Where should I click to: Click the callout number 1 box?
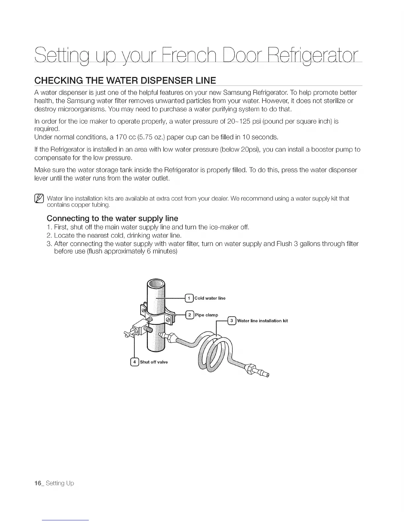(189, 298)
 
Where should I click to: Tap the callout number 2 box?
(190, 315)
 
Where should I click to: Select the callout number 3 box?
(232, 321)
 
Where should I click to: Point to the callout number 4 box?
(135, 362)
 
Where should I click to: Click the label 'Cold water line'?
(210, 298)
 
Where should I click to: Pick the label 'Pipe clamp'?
(207, 315)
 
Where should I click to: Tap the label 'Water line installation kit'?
(262, 321)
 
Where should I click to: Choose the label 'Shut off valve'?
(154, 362)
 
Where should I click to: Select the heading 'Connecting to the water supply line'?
(112, 218)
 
